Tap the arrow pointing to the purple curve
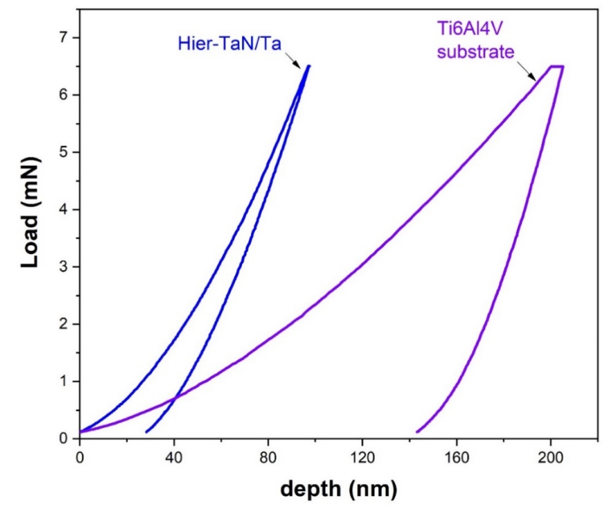pos(526,70)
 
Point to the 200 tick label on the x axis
pos(551,458)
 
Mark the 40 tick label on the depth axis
pos(174,458)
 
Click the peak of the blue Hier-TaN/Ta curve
pos(308,66)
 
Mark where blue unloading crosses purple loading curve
pos(175,398)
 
